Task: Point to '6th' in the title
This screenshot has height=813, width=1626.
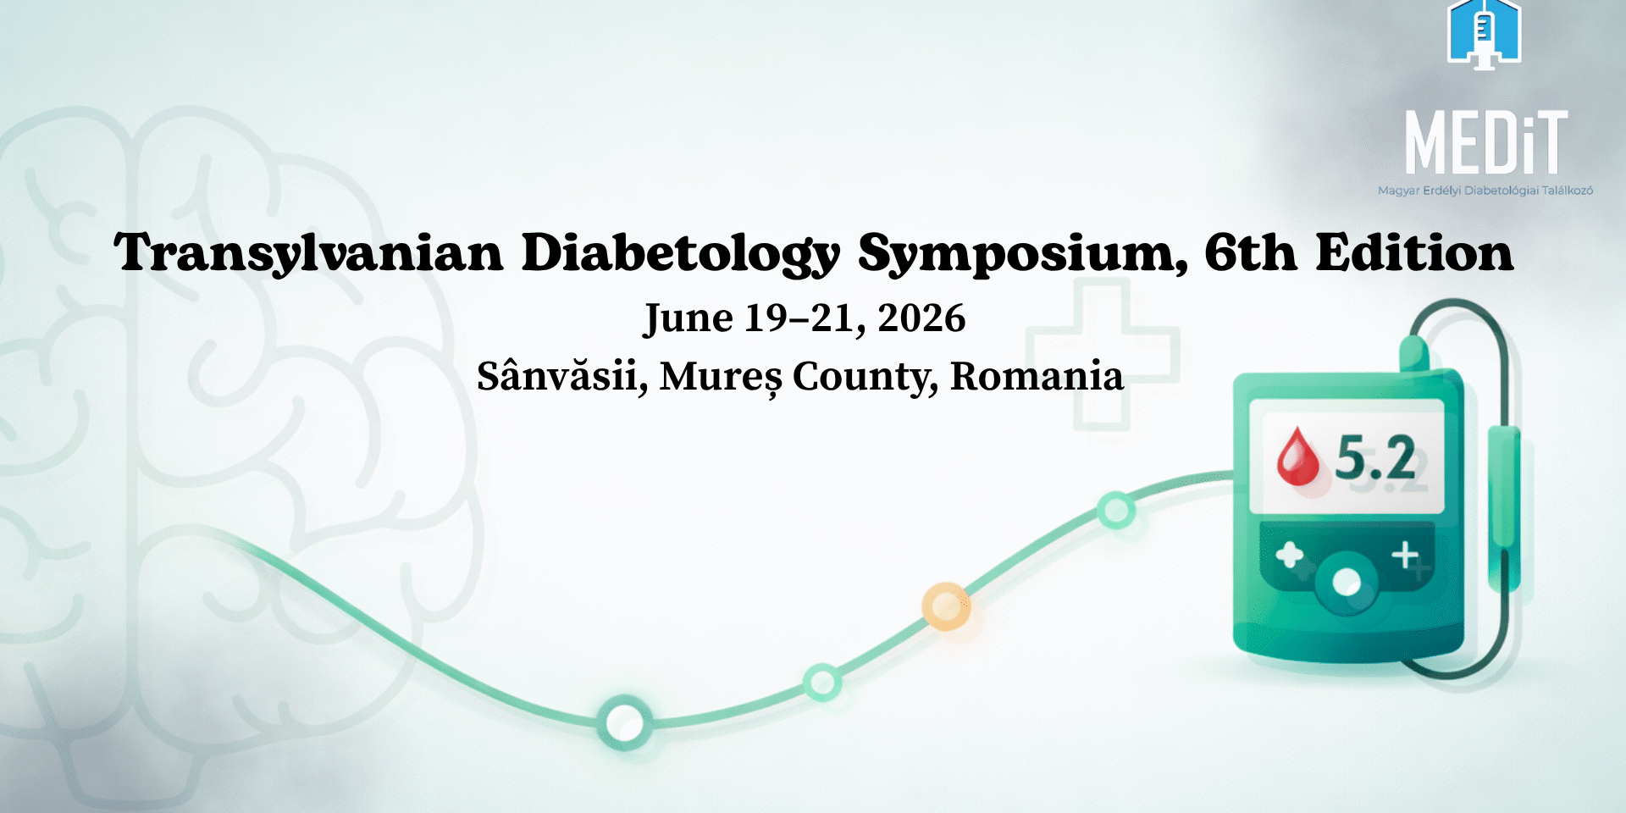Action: (1251, 252)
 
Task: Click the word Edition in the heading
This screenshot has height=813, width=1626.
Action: (1414, 252)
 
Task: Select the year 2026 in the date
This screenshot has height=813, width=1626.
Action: (921, 319)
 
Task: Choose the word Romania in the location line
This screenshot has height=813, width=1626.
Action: (1037, 376)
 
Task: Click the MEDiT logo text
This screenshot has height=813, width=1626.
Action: (1486, 142)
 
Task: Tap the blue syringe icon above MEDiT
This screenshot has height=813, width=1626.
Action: (1484, 34)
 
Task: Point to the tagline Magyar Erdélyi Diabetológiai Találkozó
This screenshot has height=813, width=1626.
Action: (1485, 191)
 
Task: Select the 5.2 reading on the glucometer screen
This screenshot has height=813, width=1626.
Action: (1375, 458)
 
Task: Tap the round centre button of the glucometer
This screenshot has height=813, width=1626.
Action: (1347, 582)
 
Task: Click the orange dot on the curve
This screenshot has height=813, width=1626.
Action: (945, 606)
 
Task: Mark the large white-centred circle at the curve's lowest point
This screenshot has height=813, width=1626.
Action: (625, 722)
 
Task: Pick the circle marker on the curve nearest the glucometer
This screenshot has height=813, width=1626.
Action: (1116, 510)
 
